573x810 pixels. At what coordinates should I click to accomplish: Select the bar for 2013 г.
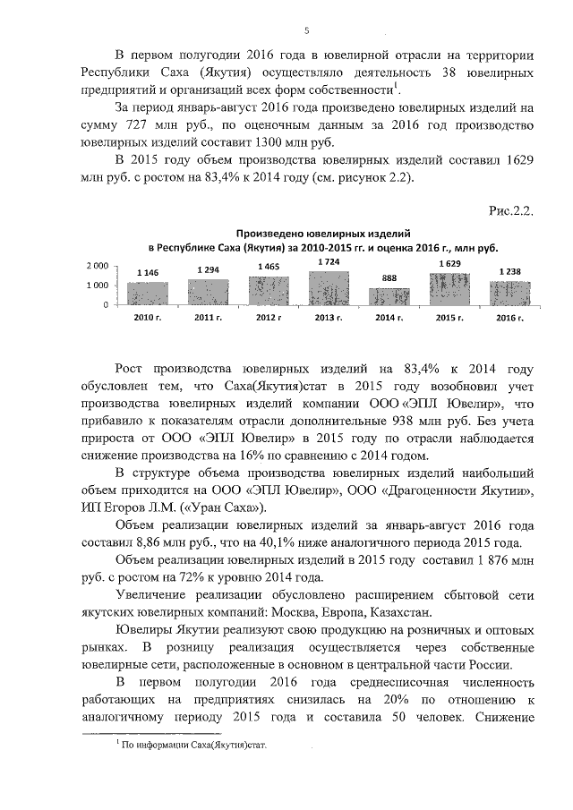tap(329, 288)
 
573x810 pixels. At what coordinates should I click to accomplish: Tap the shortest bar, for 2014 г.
tap(389, 297)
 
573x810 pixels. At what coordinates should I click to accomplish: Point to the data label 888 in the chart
tap(389, 279)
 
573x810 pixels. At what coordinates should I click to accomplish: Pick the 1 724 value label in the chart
tap(329, 261)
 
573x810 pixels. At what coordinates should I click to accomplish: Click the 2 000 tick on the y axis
tap(97, 266)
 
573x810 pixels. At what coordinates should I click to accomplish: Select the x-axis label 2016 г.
tap(509, 318)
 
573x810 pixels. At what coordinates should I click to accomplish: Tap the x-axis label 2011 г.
tap(208, 318)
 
